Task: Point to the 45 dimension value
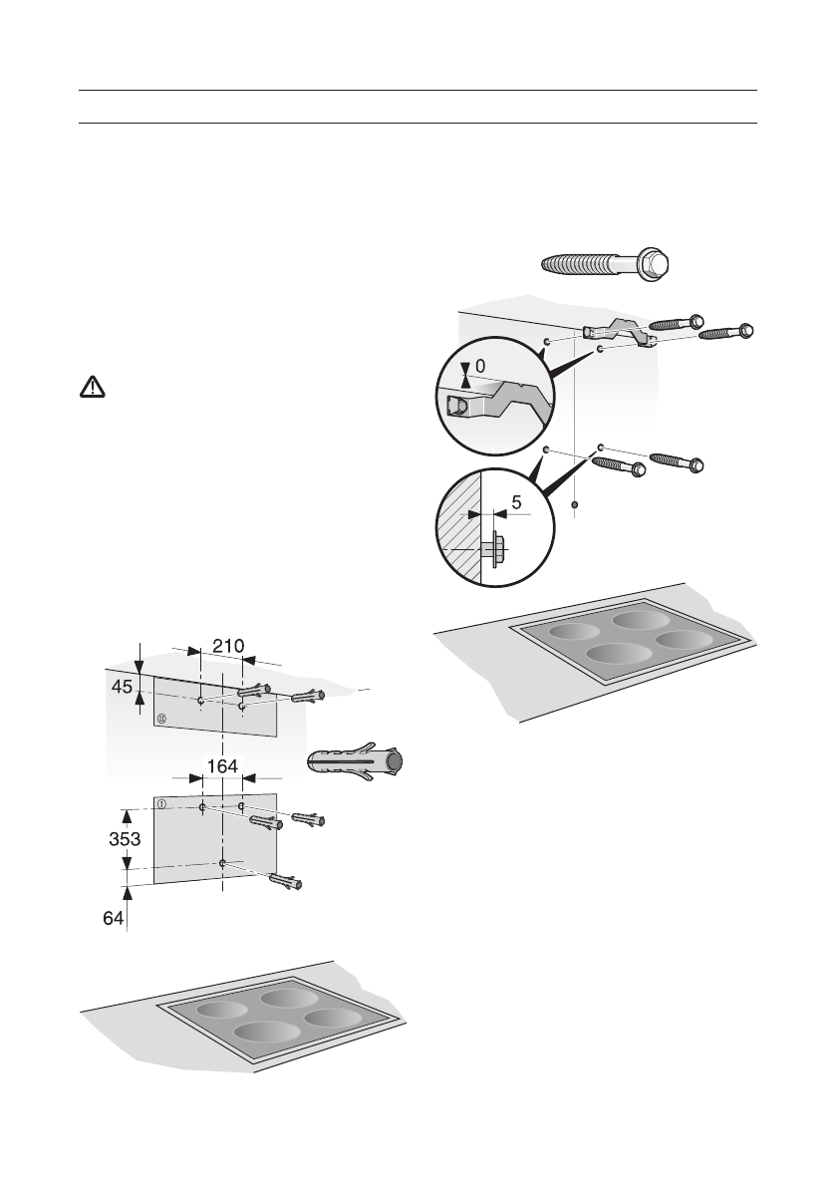point(120,687)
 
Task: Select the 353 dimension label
point(125,839)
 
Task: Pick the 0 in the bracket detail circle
point(480,367)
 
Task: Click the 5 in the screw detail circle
point(516,504)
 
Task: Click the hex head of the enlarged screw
point(658,265)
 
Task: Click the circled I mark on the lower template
point(160,802)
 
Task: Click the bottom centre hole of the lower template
point(222,862)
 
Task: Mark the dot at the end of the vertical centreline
point(575,506)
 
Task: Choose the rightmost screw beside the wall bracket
point(727,333)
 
